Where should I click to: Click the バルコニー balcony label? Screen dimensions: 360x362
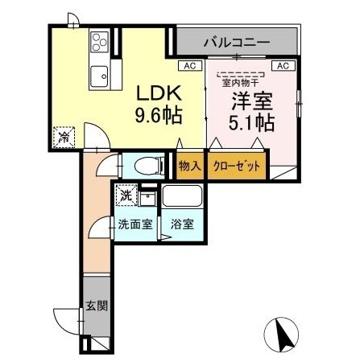(237, 43)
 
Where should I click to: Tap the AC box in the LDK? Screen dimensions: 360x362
(190, 66)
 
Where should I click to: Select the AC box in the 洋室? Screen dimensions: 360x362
(283, 66)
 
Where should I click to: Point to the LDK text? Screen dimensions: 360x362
(159, 93)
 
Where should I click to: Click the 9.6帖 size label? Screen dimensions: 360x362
(159, 116)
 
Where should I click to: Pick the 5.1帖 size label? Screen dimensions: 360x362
(251, 123)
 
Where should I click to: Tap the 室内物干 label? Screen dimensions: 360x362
(240, 83)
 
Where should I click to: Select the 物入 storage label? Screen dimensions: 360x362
(190, 166)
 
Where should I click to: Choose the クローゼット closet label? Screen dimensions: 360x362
(237, 167)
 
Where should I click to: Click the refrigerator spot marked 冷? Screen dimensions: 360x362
(64, 137)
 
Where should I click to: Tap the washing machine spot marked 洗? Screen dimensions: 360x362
(126, 195)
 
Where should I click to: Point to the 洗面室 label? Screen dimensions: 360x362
(135, 224)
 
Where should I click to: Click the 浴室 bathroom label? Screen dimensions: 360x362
(182, 224)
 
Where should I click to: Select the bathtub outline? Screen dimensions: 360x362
(182, 196)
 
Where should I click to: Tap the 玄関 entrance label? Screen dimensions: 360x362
(97, 306)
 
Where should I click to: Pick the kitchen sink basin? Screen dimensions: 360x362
(99, 76)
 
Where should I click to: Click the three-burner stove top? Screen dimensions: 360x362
(100, 42)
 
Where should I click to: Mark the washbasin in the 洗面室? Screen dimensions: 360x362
(147, 199)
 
